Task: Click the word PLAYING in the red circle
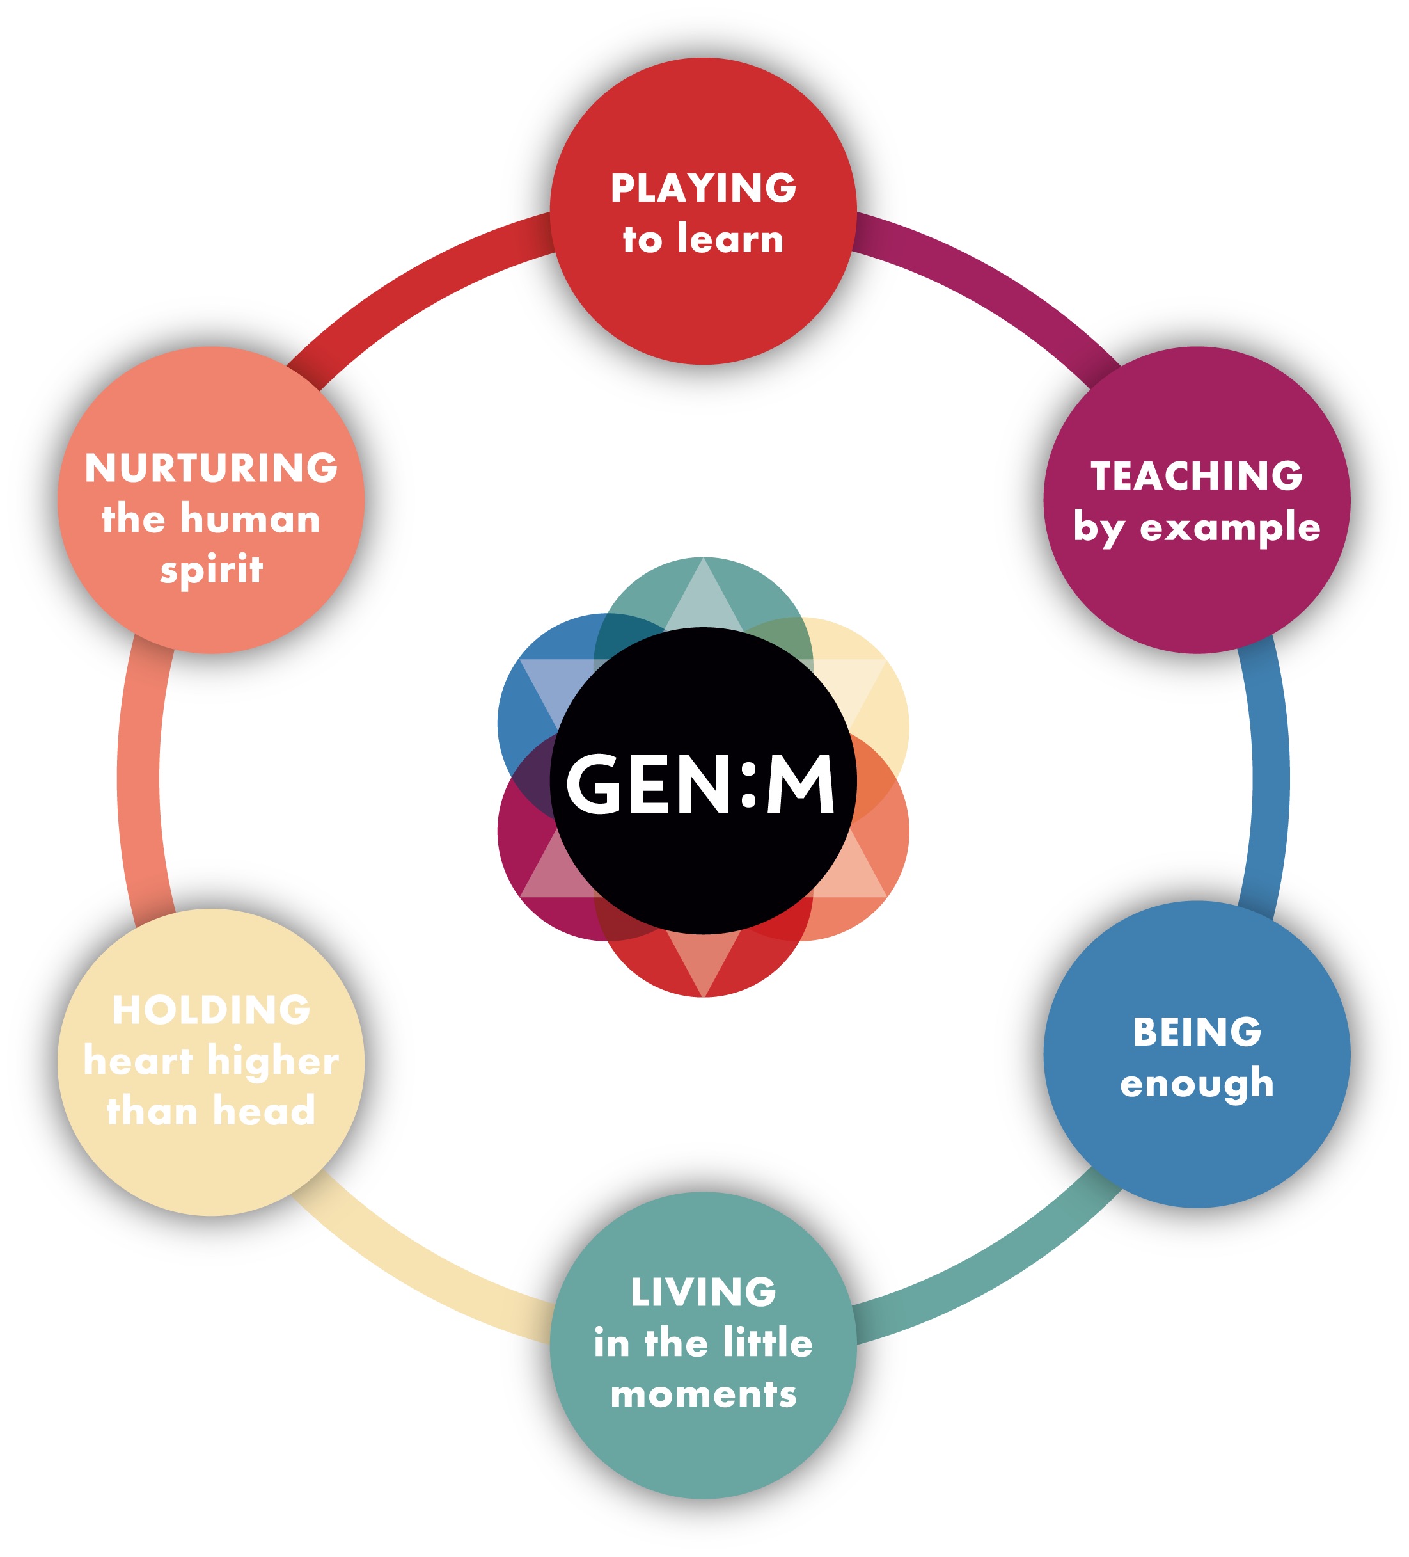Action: coord(704,188)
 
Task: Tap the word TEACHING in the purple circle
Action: coord(1196,475)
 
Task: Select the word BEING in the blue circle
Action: coord(1197,1032)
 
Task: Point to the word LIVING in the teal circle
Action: coord(704,1292)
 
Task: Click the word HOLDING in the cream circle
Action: coord(211,1010)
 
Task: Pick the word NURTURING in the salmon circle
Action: coord(211,468)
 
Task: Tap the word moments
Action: coord(704,1394)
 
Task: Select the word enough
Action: coord(1197,1083)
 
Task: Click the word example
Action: coord(1230,528)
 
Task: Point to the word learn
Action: coord(730,239)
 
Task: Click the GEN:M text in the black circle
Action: coord(701,785)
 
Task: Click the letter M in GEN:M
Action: coord(801,785)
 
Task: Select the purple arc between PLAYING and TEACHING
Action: coord(996,294)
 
